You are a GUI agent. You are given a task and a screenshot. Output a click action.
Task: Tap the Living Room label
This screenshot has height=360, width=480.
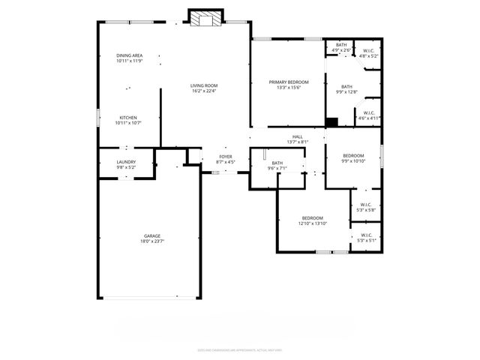tap(203, 85)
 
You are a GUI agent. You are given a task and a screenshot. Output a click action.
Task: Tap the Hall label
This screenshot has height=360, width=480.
tap(298, 136)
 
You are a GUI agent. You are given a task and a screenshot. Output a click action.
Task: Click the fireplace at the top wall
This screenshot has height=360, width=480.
tap(205, 18)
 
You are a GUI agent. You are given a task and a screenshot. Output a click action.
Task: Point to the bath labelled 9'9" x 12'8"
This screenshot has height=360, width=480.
tap(346, 88)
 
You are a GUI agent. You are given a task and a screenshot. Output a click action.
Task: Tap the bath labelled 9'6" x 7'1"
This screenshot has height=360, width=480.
tap(277, 165)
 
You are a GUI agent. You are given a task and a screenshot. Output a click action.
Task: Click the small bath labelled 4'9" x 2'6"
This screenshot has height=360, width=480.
tap(340, 48)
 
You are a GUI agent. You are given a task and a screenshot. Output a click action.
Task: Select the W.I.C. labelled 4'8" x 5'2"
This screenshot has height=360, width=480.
tap(368, 53)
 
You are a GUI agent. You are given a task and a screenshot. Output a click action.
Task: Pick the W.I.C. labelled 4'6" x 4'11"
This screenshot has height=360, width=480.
tap(368, 115)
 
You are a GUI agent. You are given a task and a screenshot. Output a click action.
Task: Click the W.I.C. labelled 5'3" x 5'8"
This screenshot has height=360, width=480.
tap(366, 207)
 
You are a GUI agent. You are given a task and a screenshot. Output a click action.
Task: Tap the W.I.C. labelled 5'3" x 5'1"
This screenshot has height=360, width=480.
tap(366, 238)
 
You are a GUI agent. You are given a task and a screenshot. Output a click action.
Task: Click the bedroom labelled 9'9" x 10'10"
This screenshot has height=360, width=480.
tap(352, 157)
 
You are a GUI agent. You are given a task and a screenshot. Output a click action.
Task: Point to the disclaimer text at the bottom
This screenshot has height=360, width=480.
tap(239, 349)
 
